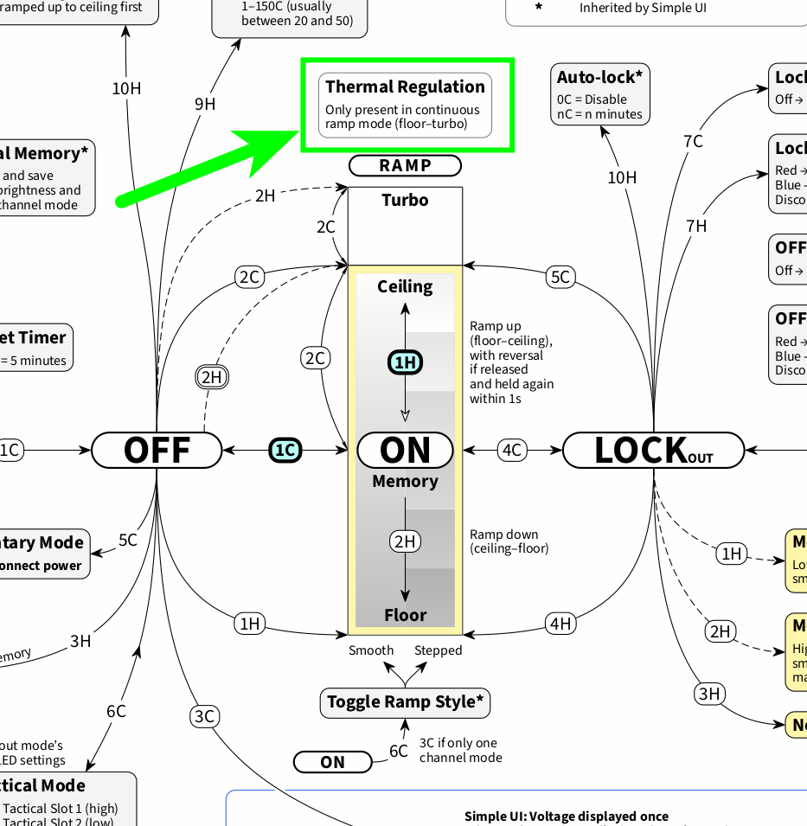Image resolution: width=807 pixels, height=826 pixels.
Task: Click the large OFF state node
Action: coord(157,451)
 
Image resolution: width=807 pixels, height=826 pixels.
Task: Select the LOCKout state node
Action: coord(653,451)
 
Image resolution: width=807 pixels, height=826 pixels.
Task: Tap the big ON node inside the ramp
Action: coord(405,451)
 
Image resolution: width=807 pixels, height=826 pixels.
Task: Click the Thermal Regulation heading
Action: coord(405,87)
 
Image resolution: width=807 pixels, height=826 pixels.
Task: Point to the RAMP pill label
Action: coord(405,165)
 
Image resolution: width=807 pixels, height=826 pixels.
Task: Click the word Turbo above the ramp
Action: coord(405,200)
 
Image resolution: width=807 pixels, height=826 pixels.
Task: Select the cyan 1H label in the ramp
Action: coord(405,362)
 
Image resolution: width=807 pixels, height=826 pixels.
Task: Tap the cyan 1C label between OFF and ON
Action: coord(285,451)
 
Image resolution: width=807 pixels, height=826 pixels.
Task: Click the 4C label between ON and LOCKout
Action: coord(513,451)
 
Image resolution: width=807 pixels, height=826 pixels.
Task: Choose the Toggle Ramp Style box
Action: coord(405,701)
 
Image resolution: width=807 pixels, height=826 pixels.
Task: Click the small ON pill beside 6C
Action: coord(333,762)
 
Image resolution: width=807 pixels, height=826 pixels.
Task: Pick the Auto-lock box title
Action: coord(599,77)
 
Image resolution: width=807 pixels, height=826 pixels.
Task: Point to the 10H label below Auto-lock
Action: coord(621,177)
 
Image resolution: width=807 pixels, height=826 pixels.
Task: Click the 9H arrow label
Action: coord(205,105)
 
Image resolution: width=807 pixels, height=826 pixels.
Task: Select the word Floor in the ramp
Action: coord(405,615)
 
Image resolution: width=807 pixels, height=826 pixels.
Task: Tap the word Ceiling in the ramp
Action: coord(405,286)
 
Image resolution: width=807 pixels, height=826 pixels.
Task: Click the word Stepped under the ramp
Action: coord(438,650)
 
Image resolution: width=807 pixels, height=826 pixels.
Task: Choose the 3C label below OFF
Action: coord(204,716)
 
